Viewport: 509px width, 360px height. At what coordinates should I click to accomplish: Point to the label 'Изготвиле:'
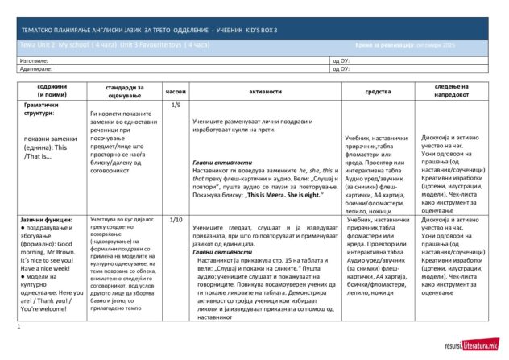(x=35, y=60)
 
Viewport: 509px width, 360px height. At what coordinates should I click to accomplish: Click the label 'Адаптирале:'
(x=36, y=68)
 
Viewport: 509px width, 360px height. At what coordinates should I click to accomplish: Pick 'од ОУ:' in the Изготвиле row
(x=341, y=60)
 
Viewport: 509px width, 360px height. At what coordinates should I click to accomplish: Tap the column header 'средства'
(x=378, y=91)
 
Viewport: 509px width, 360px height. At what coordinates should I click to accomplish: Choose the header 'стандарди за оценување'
(x=122, y=91)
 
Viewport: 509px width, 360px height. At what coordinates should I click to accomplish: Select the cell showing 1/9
(x=176, y=105)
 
